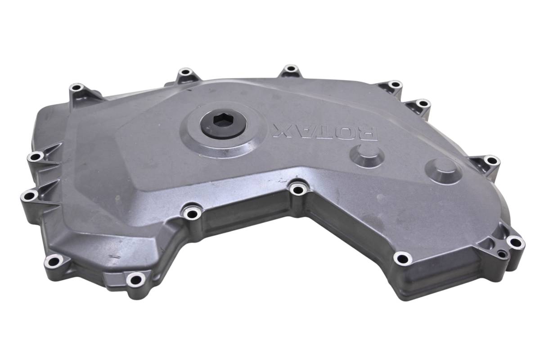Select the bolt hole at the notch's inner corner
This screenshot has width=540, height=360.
coord(297,190)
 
